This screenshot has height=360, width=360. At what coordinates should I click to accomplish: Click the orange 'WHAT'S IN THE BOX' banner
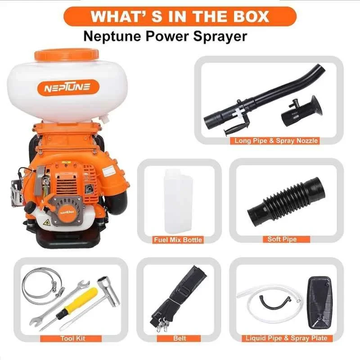point(180,16)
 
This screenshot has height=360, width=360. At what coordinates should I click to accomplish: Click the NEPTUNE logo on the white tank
point(66,87)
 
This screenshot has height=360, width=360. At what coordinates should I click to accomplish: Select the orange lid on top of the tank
point(66,54)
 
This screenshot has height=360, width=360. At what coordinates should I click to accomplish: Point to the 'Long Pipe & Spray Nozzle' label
point(276,141)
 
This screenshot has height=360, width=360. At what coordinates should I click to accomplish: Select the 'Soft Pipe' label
point(282,239)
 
